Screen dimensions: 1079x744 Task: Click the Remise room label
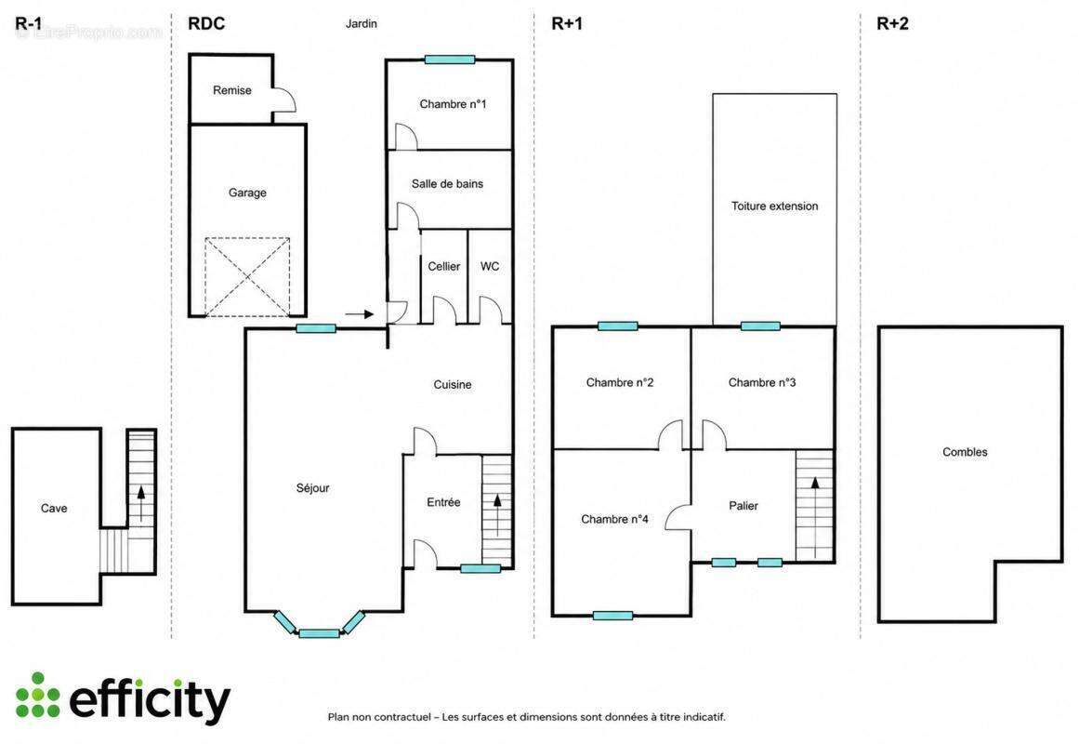pos(232,90)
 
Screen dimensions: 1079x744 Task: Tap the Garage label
pos(247,193)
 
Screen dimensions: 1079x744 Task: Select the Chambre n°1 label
pos(453,104)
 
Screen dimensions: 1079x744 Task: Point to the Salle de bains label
pos(447,184)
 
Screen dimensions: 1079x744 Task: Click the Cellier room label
pos(444,267)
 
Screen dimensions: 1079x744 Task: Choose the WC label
pos(490,267)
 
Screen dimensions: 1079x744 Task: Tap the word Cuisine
pos(452,385)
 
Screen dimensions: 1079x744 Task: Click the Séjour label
pos(312,488)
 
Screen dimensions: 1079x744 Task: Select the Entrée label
pos(443,503)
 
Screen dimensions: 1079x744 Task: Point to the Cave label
pos(54,509)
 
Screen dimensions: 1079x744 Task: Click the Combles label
pos(965,453)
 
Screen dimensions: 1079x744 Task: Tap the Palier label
pos(743,506)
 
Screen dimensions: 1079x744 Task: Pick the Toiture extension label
pos(775,206)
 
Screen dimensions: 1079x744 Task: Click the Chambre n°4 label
pos(614,520)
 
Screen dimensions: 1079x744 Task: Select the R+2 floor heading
pos(892,23)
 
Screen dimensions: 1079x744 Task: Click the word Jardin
pos(362,23)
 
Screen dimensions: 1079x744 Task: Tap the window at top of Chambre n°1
pos(450,60)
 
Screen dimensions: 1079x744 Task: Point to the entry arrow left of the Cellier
pos(360,315)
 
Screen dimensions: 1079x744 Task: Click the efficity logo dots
pos(37,696)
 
